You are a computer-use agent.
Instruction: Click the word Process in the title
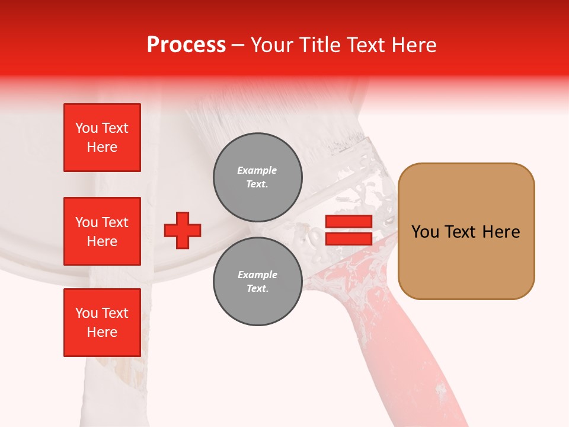(x=186, y=45)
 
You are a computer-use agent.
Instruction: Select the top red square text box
(x=102, y=138)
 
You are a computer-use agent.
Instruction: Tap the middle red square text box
(x=102, y=231)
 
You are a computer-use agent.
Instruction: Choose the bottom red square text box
(x=102, y=323)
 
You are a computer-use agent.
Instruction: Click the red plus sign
(x=183, y=230)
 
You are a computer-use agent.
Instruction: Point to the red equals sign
(x=349, y=230)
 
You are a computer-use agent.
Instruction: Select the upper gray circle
(x=257, y=177)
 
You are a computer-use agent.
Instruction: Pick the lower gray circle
(x=257, y=282)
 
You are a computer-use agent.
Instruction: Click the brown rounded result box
(x=466, y=231)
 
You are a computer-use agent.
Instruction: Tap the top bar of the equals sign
(x=349, y=222)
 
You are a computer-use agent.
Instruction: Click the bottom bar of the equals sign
(x=349, y=238)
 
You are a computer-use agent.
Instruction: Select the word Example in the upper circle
(x=257, y=170)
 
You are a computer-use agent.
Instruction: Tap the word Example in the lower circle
(x=257, y=275)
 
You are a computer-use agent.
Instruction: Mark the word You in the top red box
(x=86, y=128)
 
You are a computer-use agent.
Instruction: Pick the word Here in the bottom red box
(x=102, y=332)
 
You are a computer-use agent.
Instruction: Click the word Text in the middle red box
(x=114, y=222)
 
